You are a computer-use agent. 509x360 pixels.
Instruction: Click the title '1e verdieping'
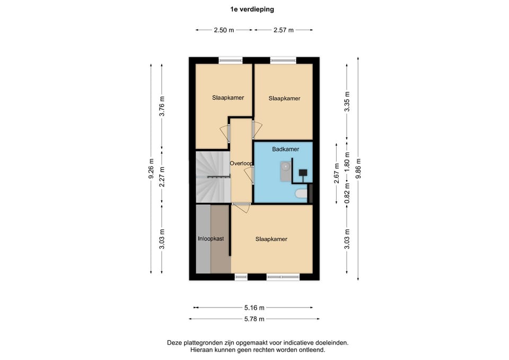click(x=252, y=9)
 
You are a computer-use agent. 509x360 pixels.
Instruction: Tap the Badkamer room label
click(x=285, y=150)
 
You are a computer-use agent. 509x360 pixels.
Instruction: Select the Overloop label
click(x=241, y=163)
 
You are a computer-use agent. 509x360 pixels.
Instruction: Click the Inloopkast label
click(x=211, y=239)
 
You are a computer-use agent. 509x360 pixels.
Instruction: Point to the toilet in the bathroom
click(x=301, y=194)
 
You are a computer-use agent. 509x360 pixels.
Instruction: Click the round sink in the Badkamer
click(x=286, y=166)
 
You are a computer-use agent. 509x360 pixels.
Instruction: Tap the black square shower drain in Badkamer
click(x=304, y=172)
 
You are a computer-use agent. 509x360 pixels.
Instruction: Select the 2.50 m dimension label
click(x=224, y=30)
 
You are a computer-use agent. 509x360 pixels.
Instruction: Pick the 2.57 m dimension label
click(x=284, y=30)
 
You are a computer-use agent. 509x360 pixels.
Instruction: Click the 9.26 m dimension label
click(x=151, y=169)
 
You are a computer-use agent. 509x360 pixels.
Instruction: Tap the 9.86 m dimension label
click(x=359, y=169)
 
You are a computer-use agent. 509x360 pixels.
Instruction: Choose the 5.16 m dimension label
click(x=253, y=308)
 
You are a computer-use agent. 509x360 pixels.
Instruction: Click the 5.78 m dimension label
click(x=253, y=319)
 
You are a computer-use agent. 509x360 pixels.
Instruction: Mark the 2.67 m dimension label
click(x=336, y=173)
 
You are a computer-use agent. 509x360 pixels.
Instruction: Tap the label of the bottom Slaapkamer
click(x=271, y=239)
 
